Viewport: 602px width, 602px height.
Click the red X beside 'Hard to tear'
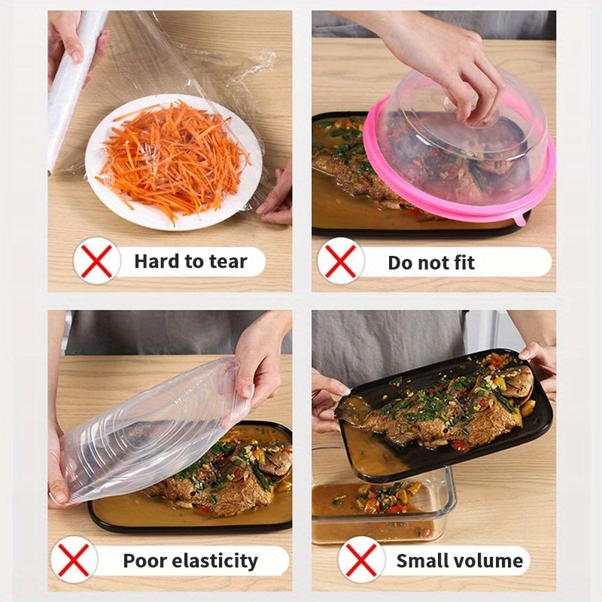click(97, 261)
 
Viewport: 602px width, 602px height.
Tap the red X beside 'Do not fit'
click(341, 261)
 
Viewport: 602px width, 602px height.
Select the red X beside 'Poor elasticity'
click(74, 560)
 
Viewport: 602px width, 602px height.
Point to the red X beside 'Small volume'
click(361, 560)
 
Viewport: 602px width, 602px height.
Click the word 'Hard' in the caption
click(156, 262)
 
